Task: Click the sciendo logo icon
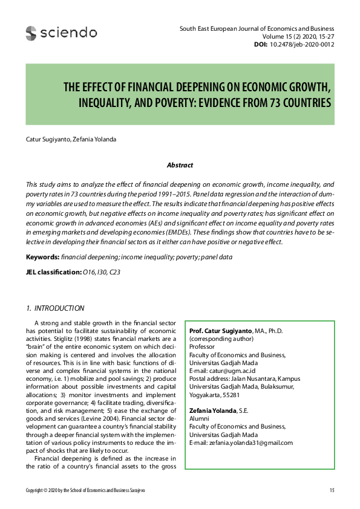[x=31, y=33]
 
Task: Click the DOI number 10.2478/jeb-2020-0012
[x=301, y=44]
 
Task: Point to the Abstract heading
[x=180, y=165]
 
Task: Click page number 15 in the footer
[x=332, y=490]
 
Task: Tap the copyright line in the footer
[x=85, y=490]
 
